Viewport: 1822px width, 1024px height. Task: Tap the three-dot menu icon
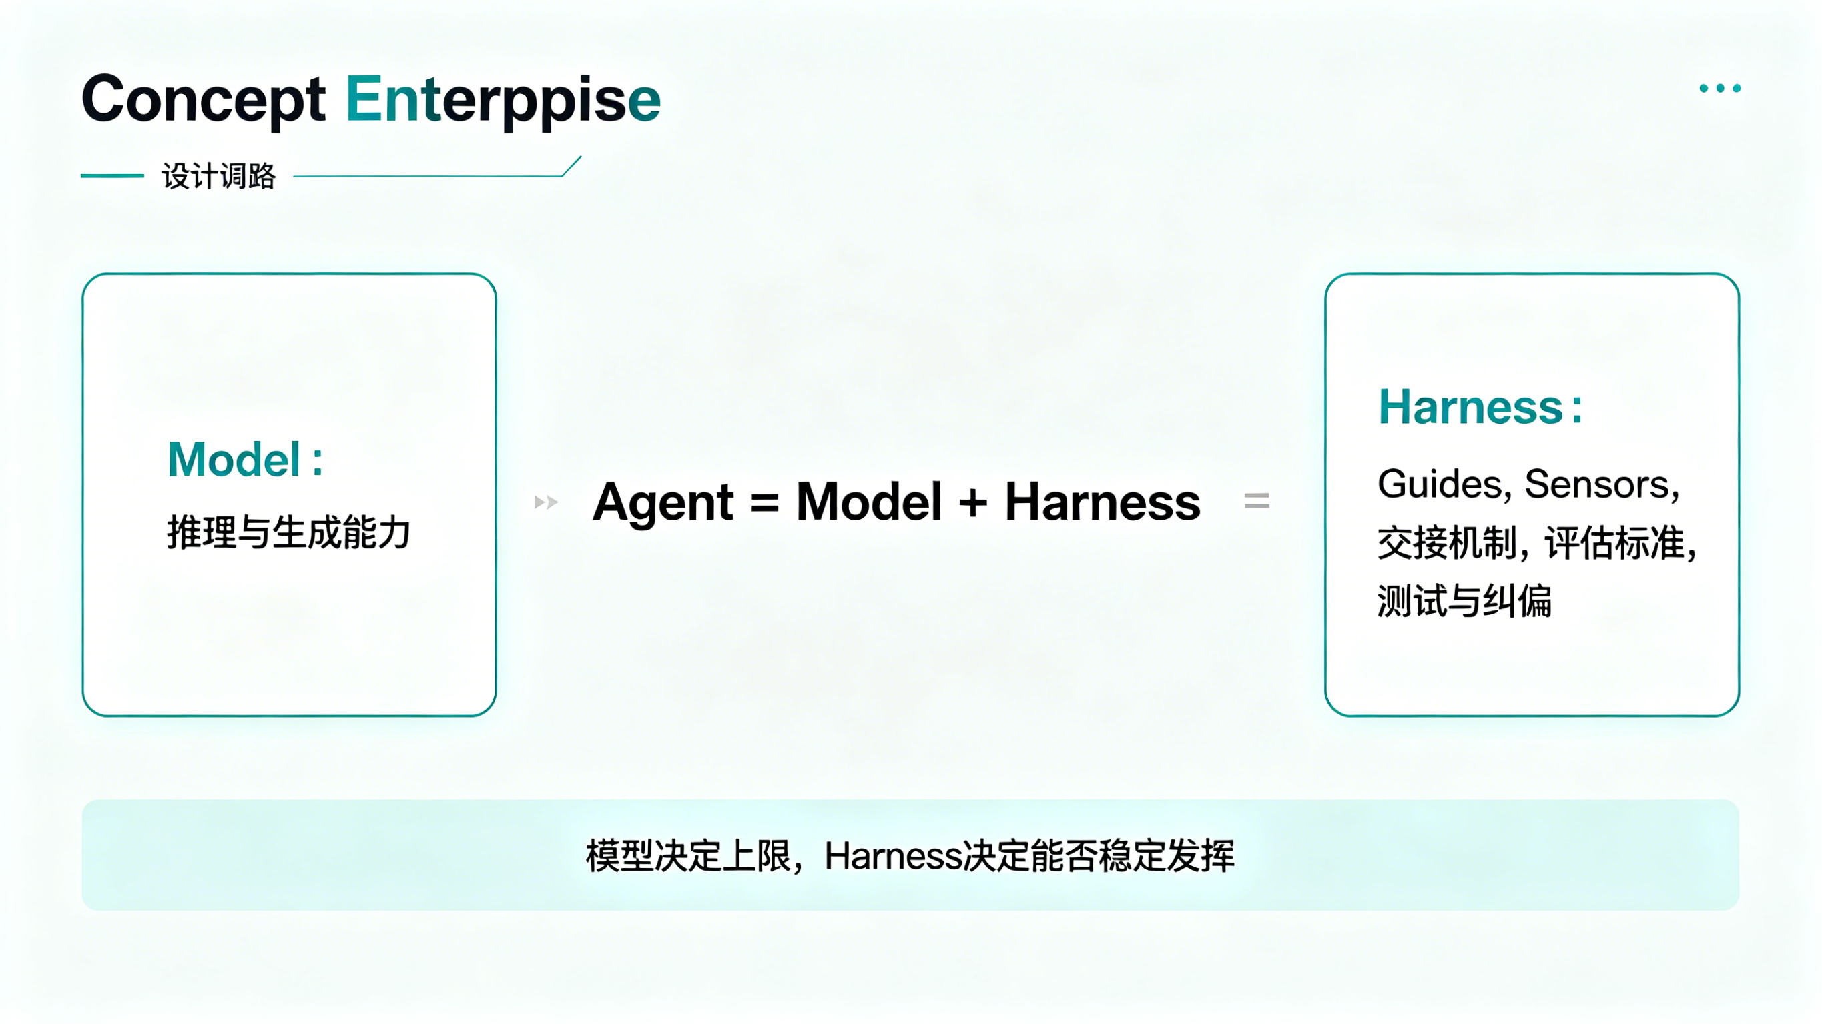[1720, 89]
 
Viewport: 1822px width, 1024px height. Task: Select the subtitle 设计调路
[218, 176]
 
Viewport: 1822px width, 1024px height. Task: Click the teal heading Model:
[246, 460]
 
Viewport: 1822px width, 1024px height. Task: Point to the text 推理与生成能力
[288, 532]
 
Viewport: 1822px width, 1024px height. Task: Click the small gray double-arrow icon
[546, 502]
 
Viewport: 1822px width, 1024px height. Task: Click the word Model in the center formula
[868, 502]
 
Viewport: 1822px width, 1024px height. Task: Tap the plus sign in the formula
[972, 503]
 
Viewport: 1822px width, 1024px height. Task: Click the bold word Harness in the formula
[1103, 502]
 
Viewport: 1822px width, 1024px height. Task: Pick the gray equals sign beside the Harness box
[1257, 502]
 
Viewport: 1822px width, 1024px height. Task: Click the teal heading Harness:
[1480, 408]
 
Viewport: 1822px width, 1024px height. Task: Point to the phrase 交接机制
[1447, 543]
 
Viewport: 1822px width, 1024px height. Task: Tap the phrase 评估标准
[1614, 543]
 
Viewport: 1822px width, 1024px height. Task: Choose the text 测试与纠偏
[1464, 601]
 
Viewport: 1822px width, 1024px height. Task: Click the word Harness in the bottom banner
[894, 856]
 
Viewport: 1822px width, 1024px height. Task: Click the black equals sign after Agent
[765, 503]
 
